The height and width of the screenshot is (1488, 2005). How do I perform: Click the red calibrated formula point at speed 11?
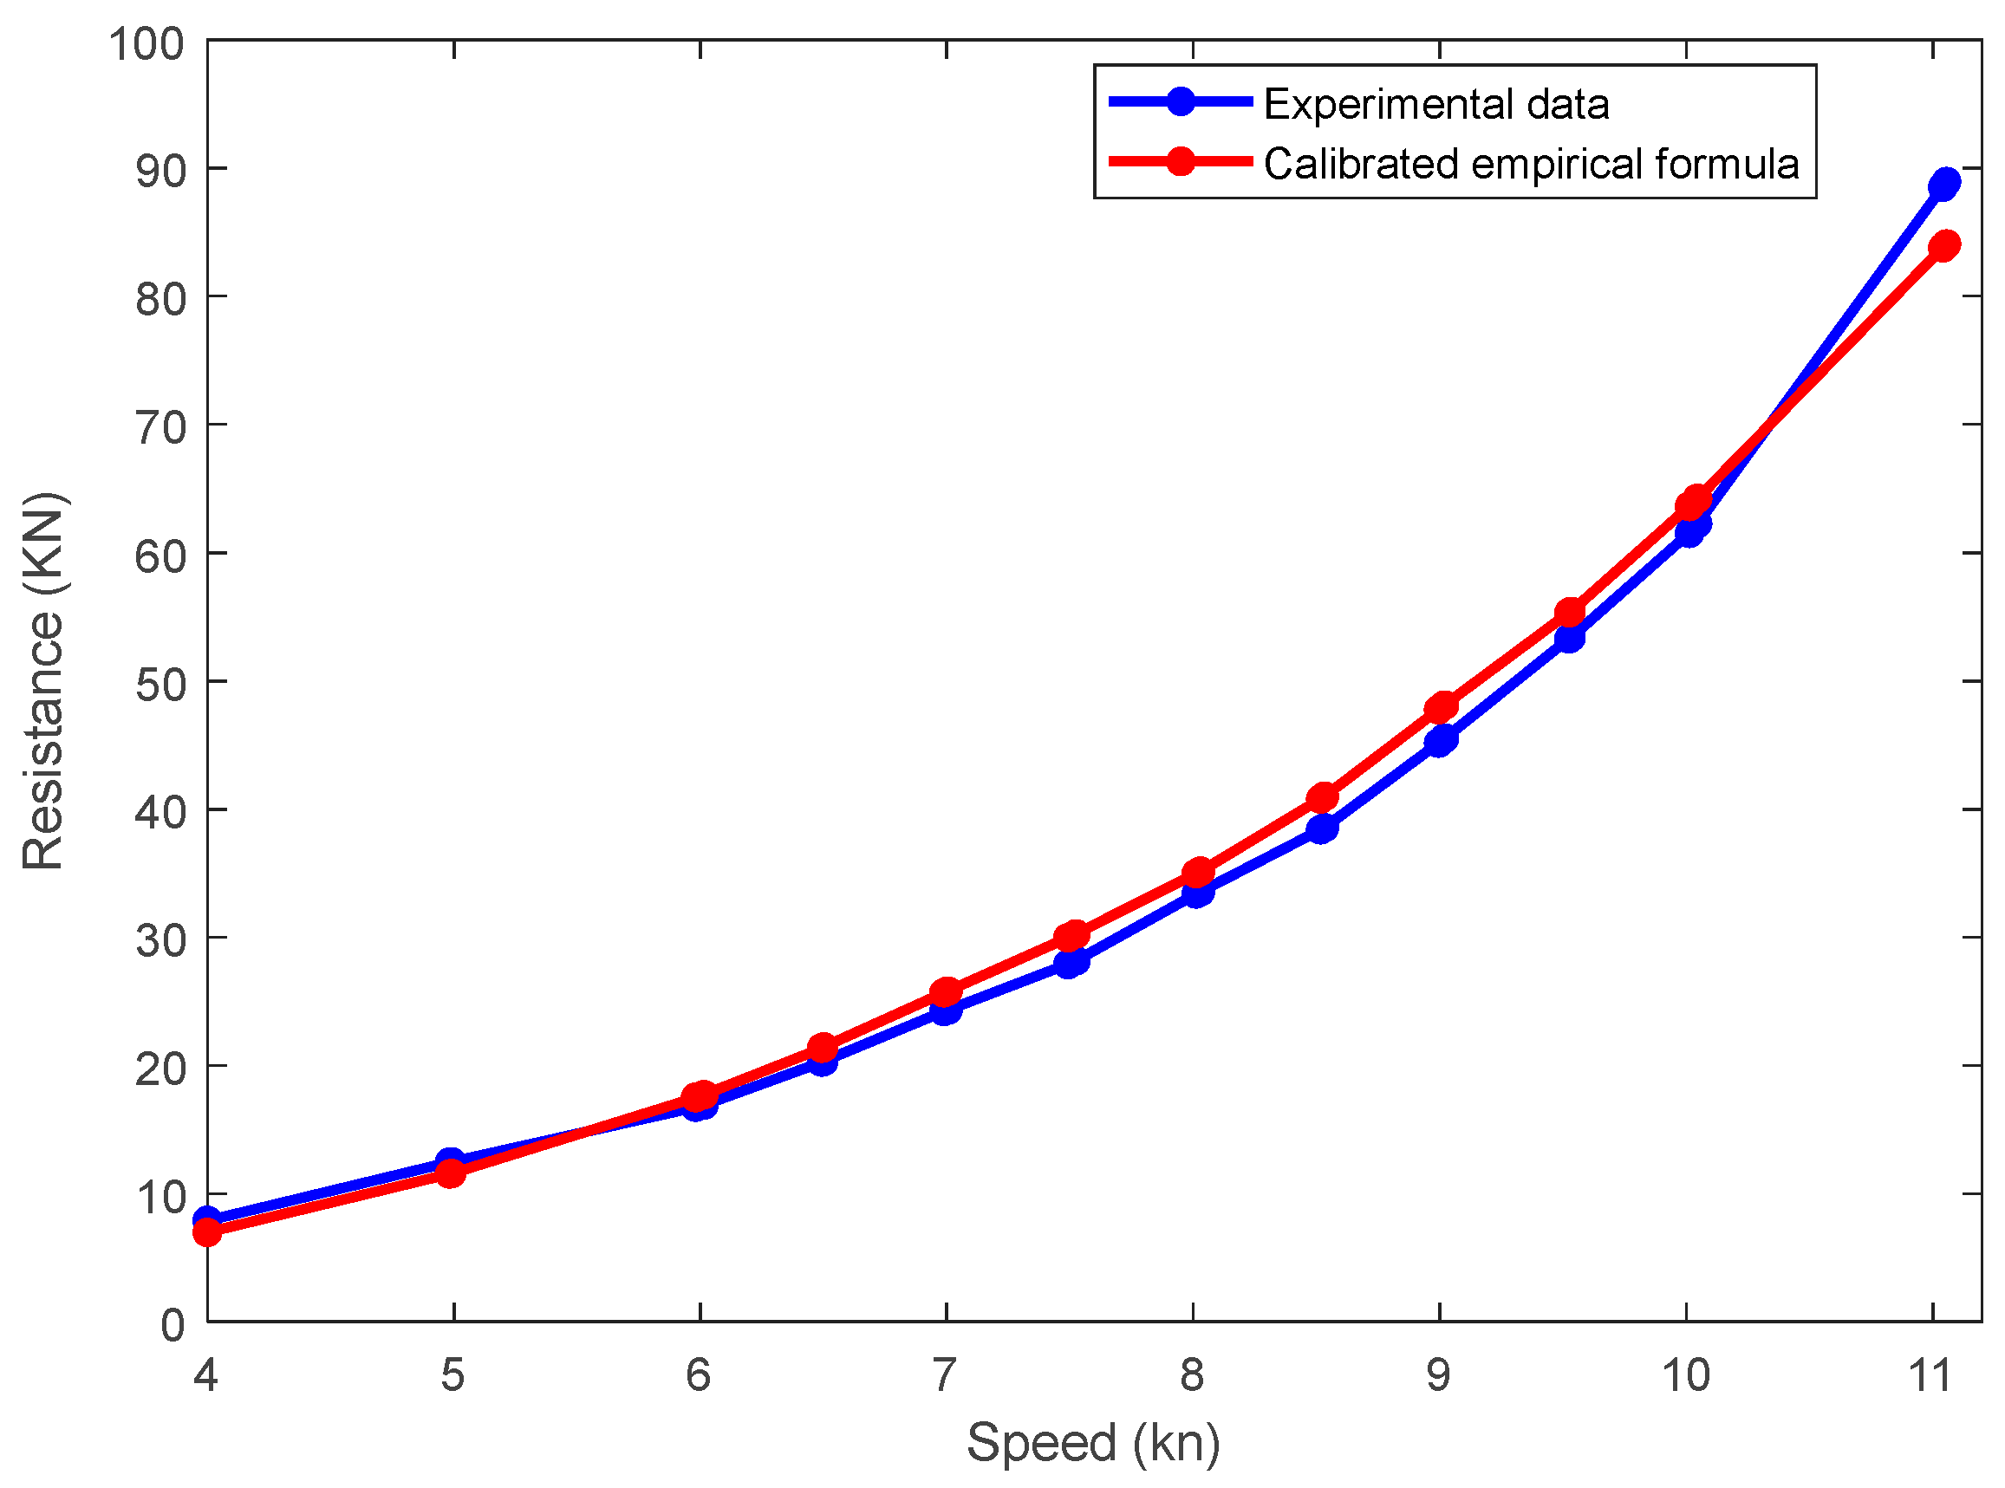pos(1944,245)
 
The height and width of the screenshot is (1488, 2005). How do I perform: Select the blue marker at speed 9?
pos(1440,740)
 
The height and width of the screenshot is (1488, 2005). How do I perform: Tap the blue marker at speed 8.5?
pos(1321,828)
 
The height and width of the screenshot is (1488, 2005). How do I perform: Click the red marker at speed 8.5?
pos(1321,798)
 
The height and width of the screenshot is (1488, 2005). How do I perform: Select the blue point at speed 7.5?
pos(1071,963)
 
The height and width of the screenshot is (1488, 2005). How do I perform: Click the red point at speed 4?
pos(207,1231)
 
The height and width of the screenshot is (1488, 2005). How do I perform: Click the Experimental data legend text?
pos(1435,105)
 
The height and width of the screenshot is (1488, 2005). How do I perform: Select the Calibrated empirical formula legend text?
pos(1530,164)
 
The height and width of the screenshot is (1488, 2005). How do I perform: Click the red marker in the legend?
pos(1180,162)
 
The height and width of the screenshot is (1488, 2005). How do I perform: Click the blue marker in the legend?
pos(1180,101)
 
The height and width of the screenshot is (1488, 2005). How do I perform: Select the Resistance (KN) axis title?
pos(43,681)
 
